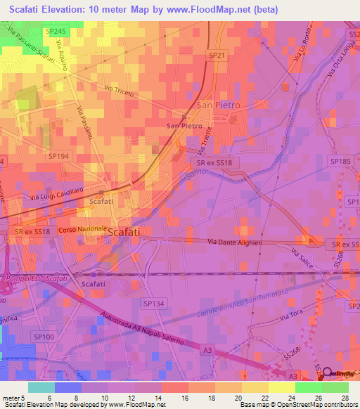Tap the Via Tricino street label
click(x=118, y=91)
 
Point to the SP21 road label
click(x=216, y=55)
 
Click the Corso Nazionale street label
click(x=82, y=230)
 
